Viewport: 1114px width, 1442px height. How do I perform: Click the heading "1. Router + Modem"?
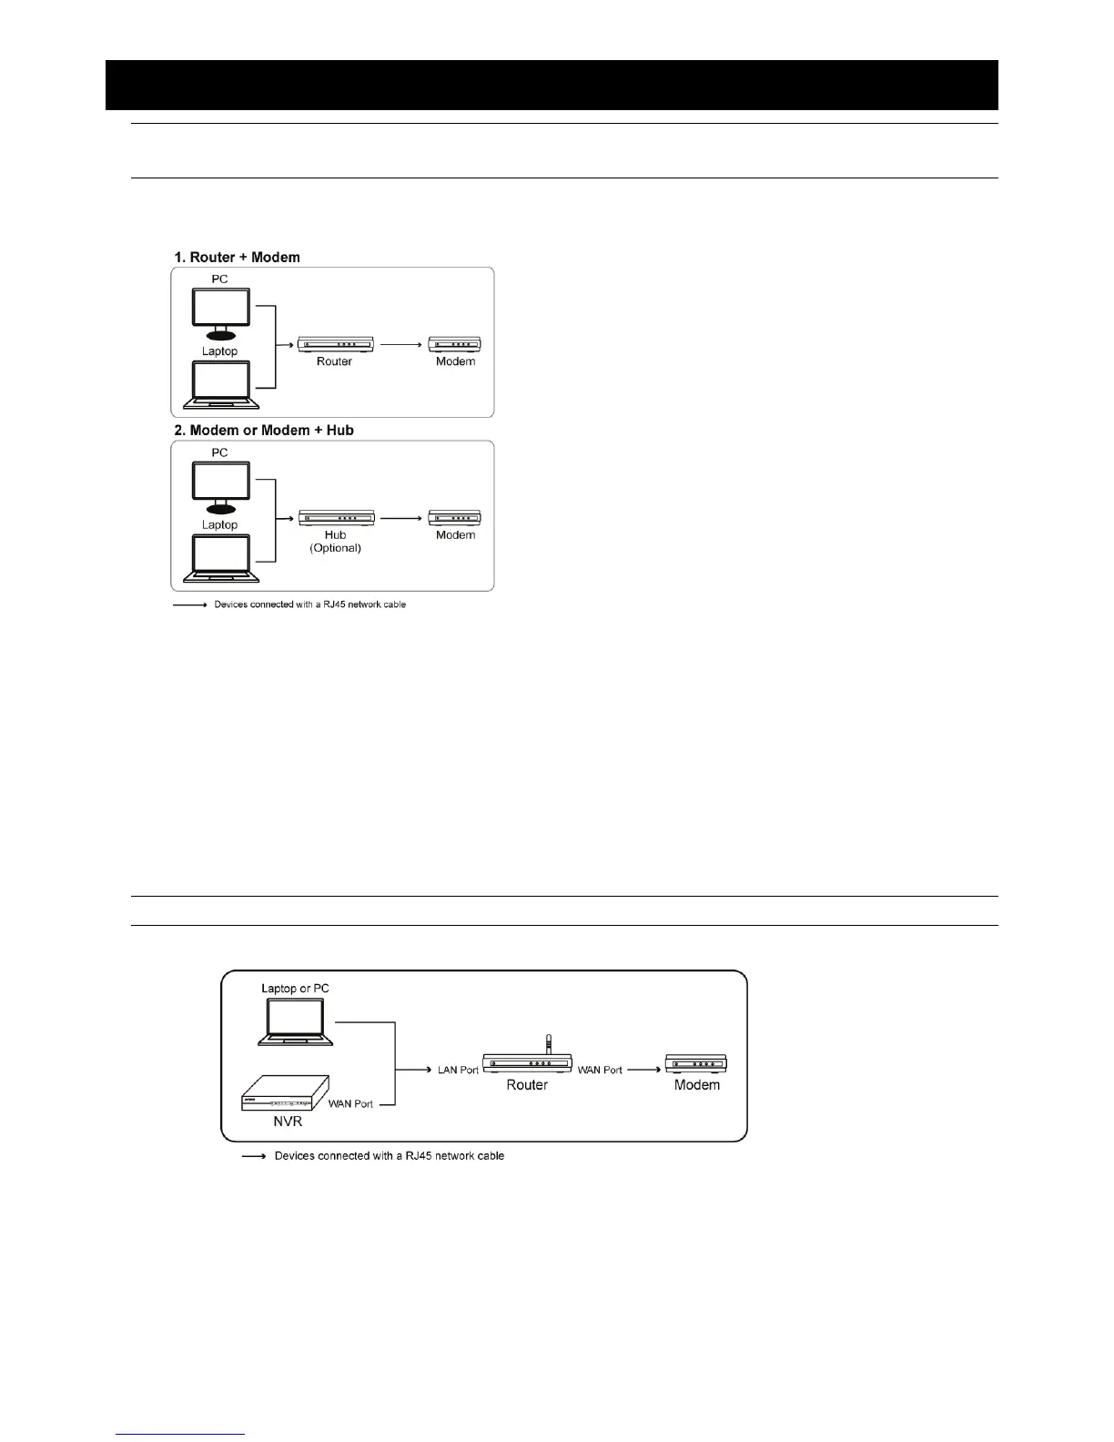(237, 258)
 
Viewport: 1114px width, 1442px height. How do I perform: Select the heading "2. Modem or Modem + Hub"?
(263, 431)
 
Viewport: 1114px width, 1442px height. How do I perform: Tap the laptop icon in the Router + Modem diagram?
(221, 384)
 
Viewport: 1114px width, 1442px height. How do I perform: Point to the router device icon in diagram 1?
(336, 344)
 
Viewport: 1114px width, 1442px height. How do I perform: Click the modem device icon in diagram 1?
(455, 344)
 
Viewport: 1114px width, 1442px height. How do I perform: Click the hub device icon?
(336, 518)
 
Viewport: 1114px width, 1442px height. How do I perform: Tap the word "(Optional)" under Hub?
(336, 549)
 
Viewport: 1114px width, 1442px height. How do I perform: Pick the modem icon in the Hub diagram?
(455, 518)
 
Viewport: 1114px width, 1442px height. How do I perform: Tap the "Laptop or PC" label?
(295, 989)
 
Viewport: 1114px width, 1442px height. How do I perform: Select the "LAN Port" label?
(458, 1071)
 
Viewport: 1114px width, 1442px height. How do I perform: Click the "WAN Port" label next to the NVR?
(350, 1104)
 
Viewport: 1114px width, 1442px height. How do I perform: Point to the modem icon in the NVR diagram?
(696, 1062)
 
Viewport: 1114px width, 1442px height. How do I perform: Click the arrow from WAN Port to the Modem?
(645, 1070)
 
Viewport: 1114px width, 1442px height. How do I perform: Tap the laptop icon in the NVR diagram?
(296, 1022)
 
